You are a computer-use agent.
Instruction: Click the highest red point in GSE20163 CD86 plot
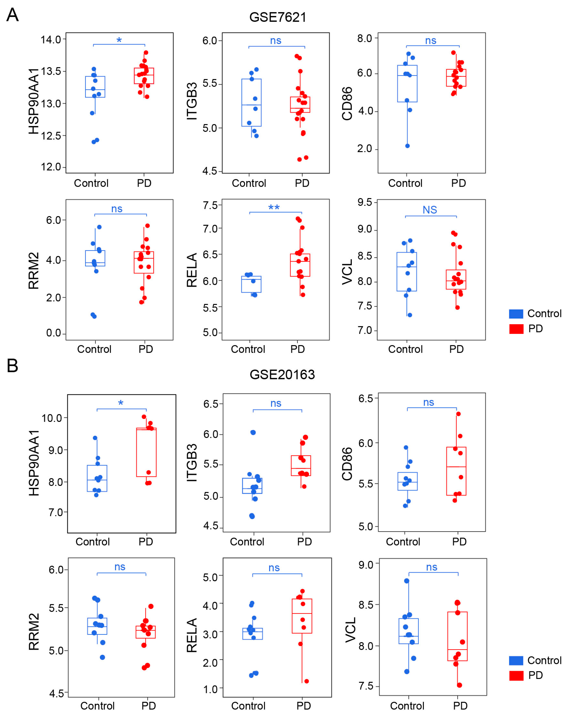click(459, 414)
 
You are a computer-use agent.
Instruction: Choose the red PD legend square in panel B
click(516, 676)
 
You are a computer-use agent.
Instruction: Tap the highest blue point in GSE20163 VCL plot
click(407, 581)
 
